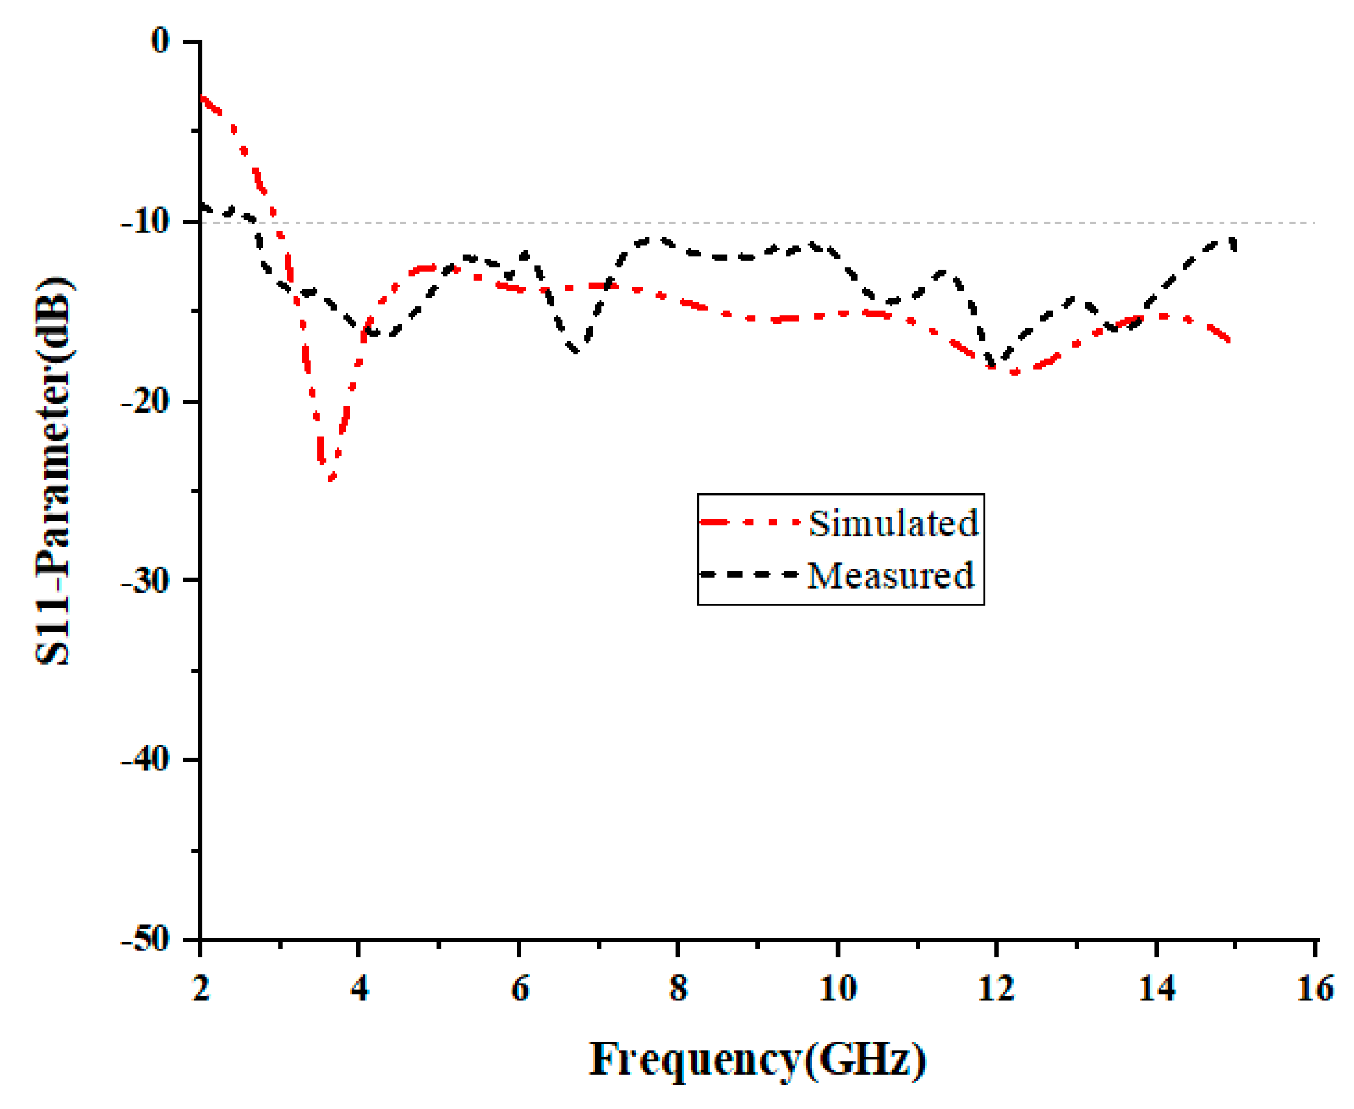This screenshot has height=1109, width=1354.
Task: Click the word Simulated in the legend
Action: click(x=893, y=524)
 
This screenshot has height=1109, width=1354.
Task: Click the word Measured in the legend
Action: click(x=890, y=575)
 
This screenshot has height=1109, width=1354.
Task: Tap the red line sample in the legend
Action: click(x=749, y=523)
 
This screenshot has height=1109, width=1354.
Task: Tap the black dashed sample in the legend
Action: click(x=749, y=574)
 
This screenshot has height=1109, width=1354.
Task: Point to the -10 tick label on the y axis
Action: click(x=145, y=222)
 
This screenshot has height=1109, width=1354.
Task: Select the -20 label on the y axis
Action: click(x=145, y=402)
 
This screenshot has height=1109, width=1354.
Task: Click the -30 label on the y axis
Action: click(x=145, y=581)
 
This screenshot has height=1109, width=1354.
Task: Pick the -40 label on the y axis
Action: click(x=145, y=760)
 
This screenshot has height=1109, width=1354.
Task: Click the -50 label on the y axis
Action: click(x=145, y=940)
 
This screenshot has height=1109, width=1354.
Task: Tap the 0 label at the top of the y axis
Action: click(x=160, y=41)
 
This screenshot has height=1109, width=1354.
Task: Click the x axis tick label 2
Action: click(x=201, y=989)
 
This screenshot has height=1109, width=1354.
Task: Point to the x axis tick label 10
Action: click(x=837, y=989)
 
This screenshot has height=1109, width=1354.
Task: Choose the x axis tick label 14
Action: click(x=1156, y=989)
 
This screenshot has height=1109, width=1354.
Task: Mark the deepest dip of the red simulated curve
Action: click(x=329, y=479)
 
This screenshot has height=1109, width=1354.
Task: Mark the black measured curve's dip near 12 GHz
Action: click(x=993, y=367)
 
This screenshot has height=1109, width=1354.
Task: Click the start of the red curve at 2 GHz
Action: click(x=202, y=97)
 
